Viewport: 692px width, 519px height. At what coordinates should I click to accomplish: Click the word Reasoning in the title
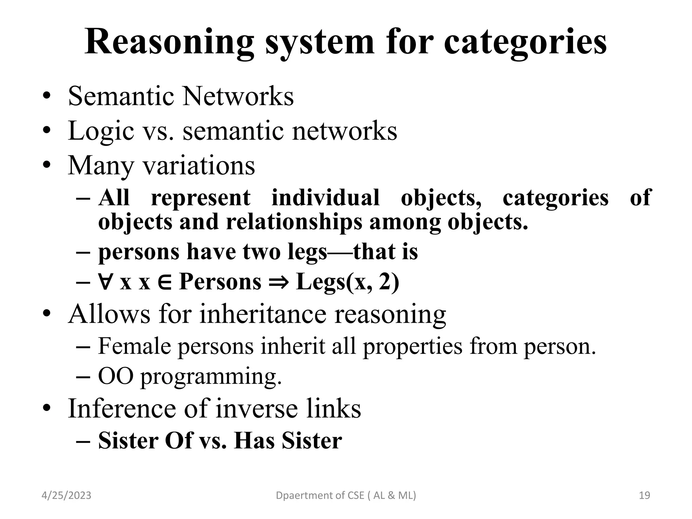pos(169,43)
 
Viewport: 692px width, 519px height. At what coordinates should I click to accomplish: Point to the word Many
pos(101,166)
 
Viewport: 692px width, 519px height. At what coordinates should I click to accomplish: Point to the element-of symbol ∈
pos(165,281)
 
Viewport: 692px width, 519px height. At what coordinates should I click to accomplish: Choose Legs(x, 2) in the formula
pos(347,281)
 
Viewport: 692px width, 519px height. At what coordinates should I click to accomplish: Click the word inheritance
pos(263,314)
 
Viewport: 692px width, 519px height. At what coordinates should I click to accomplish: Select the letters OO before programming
pos(116,376)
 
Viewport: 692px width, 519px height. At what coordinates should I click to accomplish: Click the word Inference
pos(122,409)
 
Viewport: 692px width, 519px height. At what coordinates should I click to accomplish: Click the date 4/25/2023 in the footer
pos(66,495)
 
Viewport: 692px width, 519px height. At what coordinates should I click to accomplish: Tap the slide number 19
pos(645,495)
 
